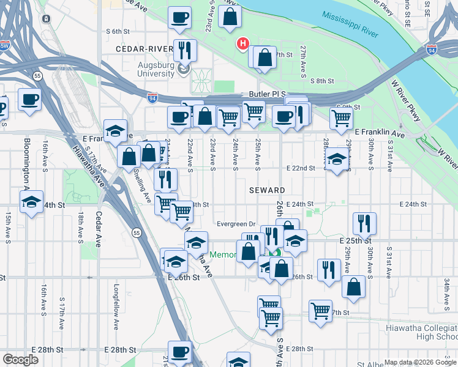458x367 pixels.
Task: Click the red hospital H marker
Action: pos(243,44)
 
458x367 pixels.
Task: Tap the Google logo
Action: pos(21,360)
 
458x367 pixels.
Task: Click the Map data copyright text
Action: pos(420,362)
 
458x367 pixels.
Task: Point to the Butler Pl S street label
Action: pos(267,94)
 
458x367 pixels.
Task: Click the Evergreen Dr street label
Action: pos(236,223)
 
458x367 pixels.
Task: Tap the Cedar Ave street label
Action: pos(99,230)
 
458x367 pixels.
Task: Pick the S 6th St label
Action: pos(119,31)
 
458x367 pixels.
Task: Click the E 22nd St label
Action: pos(301,168)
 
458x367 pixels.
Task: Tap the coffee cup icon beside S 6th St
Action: pos(180,18)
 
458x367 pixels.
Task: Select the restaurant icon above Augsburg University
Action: pos(184,50)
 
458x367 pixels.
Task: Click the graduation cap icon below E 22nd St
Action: pos(336,160)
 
